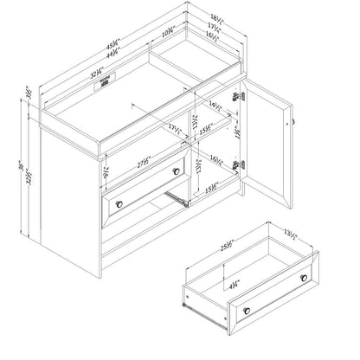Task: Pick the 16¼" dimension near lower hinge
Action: coord(215,160)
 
